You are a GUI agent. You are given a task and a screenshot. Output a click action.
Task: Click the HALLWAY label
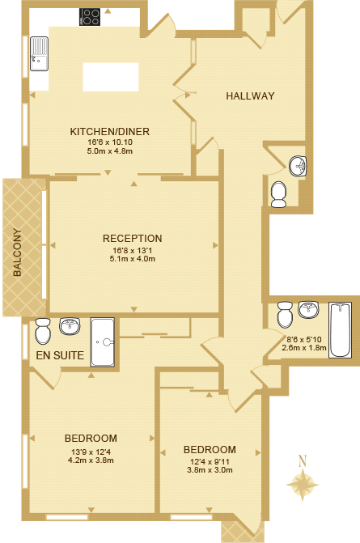point(250,96)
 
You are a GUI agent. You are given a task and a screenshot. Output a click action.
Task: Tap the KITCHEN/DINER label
point(110,132)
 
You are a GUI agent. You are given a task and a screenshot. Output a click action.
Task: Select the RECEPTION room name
point(132,239)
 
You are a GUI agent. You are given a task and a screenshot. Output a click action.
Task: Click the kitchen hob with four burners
point(90,17)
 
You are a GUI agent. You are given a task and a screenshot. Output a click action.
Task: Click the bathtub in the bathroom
point(340,329)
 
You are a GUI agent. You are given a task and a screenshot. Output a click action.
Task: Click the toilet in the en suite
point(43,328)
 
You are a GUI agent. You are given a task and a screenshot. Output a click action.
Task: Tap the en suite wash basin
point(70,326)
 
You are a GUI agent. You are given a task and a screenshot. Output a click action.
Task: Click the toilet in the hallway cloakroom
point(278,193)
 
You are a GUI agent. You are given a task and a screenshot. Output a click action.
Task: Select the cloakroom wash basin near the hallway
point(299,166)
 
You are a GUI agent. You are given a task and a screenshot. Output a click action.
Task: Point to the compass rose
point(303,486)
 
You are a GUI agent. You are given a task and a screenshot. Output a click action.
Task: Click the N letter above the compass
point(303,461)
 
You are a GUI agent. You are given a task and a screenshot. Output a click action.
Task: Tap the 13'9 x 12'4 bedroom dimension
point(91,452)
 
